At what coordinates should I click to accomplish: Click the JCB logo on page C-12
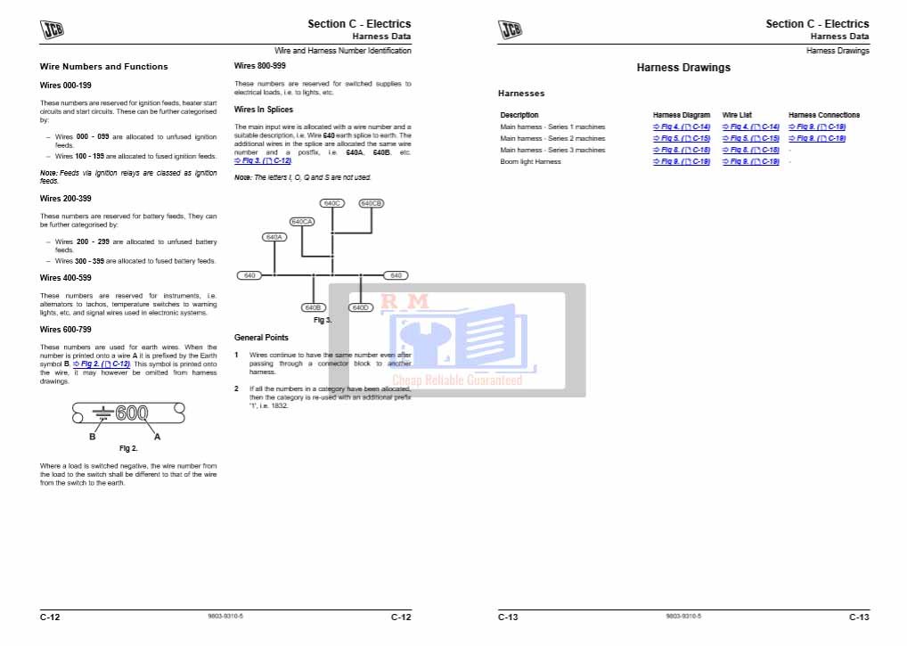[x=53, y=29]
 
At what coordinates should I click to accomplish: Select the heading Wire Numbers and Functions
[x=103, y=67]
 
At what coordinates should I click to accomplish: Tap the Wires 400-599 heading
[x=66, y=278]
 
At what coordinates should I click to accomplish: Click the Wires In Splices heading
[x=263, y=110]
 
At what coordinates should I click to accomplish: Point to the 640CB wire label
[x=371, y=203]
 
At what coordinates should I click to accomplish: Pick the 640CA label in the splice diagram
[x=302, y=221]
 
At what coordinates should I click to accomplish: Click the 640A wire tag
[x=274, y=237]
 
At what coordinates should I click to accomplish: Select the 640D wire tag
[x=360, y=307]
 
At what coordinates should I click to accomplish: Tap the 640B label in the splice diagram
[x=313, y=307]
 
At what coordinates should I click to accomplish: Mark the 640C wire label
[x=332, y=203]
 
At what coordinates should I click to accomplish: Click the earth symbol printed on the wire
[x=103, y=413]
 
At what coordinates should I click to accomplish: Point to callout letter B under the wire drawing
[x=92, y=437]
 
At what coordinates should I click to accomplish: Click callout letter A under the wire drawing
[x=158, y=437]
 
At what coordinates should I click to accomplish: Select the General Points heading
[x=261, y=338]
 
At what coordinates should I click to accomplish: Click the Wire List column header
[x=737, y=115]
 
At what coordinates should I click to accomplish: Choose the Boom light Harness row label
[x=530, y=162]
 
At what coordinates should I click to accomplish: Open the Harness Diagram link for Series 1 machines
[x=682, y=127]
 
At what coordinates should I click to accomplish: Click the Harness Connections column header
[x=824, y=115]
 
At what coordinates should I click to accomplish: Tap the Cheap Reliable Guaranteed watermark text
[x=457, y=380]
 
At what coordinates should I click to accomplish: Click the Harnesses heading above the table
[x=521, y=94]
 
